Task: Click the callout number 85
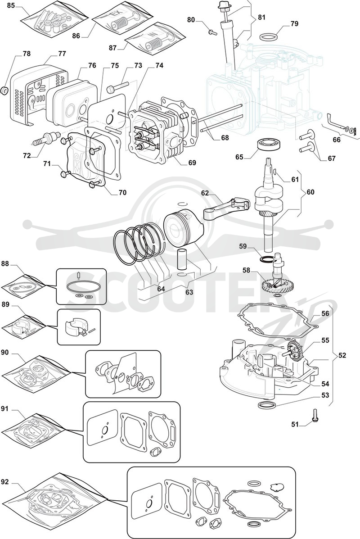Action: (11, 6)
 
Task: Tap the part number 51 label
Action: (295, 425)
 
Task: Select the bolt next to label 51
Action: (315, 415)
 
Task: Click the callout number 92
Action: (5, 482)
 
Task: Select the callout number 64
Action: (161, 289)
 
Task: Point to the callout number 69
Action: (192, 162)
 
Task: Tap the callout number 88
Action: (5, 264)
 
